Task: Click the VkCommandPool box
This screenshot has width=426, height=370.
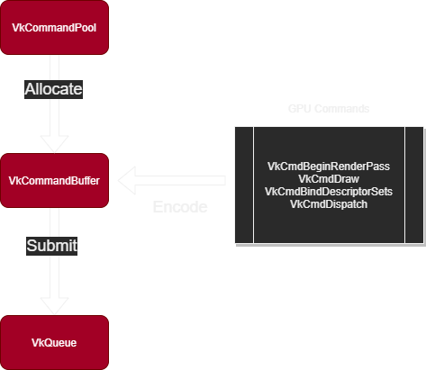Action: click(x=54, y=28)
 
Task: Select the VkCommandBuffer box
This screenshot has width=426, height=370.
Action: click(x=54, y=180)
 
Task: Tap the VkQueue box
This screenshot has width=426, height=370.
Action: click(x=54, y=342)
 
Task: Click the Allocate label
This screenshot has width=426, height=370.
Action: click(x=53, y=89)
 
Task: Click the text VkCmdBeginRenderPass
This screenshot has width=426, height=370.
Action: click(x=329, y=167)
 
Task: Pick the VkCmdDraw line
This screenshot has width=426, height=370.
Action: click(x=329, y=179)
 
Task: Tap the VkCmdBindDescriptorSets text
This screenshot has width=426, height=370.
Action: click(x=329, y=192)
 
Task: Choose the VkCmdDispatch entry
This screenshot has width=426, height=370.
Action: click(x=329, y=204)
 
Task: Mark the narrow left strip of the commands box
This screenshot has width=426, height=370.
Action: click(x=244, y=185)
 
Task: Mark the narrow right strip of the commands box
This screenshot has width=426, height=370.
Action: click(x=413, y=185)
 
